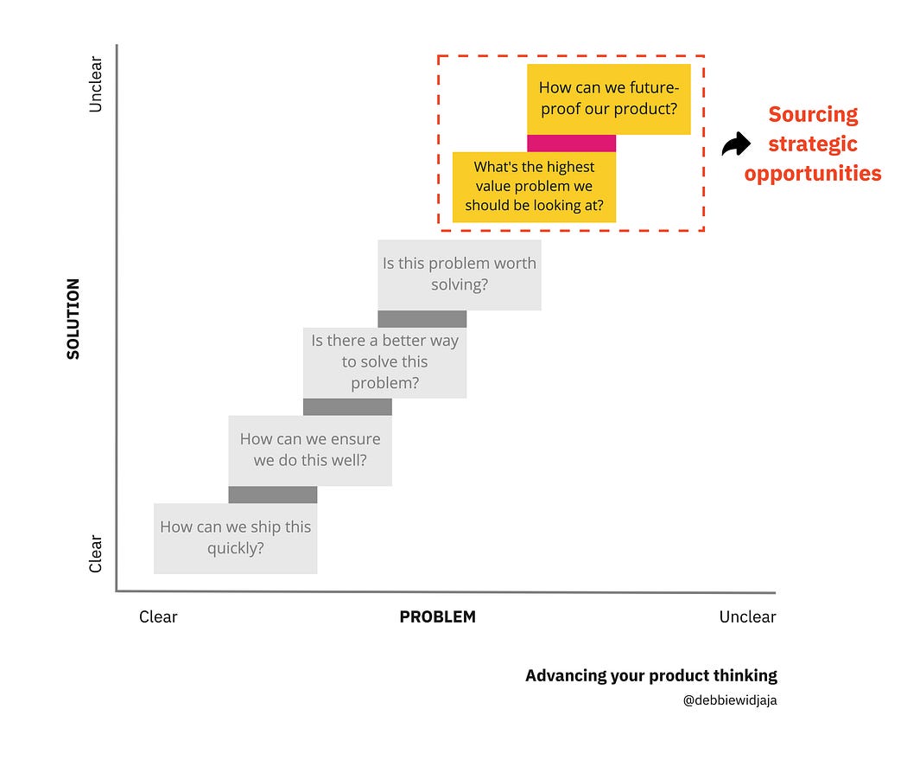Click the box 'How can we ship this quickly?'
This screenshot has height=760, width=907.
pyautogui.click(x=235, y=538)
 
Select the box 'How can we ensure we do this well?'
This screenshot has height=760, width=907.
pyautogui.click(x=309, y=450)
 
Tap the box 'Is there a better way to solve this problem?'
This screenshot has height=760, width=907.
pyautogui.click(x=384, y=362)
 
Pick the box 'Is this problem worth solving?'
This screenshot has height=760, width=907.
pyautogui.click(x=459, y=274)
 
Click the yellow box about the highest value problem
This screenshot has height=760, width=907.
pyautogui.click(x=534, y=187)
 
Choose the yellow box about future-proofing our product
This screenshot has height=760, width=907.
pyautogui.click(x=608, y=99)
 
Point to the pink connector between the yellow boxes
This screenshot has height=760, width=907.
pyautogui.click(x=571, y=143)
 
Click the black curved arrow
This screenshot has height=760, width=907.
pyautogui.click(x=736, y=144)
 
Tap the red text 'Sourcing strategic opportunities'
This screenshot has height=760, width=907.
pyautogui.click(x=813, y=144)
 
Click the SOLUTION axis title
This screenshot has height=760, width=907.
pyautogui.click(x=73, y=318)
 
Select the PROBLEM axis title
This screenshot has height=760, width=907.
pyautogui.click(x=437, y=616)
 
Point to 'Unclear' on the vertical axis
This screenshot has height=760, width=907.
pyautogui.click(x=96, y=84)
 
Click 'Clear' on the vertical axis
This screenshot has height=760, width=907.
pyautogui.click(x=96, y=553)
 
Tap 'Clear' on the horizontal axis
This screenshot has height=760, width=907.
pyautogui.click(x=158, y=616)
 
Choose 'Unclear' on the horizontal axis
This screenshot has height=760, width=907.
pyautogui.click(x=747, y=616)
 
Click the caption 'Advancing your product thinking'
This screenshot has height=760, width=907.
pyautogui.click(x=650, y=675)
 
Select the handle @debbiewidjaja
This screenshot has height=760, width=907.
pyautogui.click(x=729, y=700)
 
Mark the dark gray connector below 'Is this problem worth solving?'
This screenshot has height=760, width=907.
pyautogui.click(x=422, y=318)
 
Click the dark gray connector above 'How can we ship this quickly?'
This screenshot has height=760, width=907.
pyautogui.click(x=272, y=495)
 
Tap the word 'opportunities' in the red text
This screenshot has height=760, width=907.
pyautogui.click(x=813, y=173)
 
